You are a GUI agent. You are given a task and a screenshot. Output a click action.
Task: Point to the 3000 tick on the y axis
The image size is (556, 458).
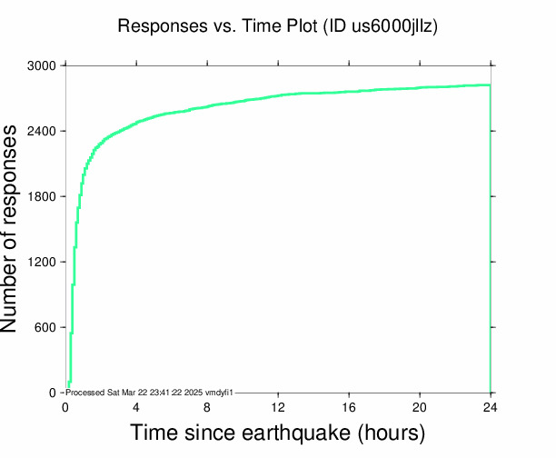coord(42,66)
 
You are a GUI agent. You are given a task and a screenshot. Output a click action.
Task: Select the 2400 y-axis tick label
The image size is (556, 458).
coord(42,132)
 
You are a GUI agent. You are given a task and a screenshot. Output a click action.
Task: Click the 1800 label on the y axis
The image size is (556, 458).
coord(42,197)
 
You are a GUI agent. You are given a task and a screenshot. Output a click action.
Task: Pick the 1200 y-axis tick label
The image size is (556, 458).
coord(42,263)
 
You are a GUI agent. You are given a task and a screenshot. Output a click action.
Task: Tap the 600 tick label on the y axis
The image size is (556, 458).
coord(45,328)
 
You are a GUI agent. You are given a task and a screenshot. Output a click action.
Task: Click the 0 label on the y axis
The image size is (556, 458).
coord(53,393)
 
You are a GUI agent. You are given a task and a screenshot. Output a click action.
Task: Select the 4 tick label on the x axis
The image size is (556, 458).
coord(136,406)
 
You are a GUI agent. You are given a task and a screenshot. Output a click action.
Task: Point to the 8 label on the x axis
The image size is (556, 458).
coord(207,406)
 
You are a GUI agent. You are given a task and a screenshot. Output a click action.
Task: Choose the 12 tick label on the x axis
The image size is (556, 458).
coord(278,406)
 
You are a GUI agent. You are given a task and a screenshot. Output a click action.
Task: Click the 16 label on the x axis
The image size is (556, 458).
coord(349,406)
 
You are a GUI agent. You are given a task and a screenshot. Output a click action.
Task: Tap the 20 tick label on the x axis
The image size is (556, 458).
coord(420,406)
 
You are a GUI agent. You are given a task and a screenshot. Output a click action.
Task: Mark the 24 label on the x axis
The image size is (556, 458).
coord(491,406)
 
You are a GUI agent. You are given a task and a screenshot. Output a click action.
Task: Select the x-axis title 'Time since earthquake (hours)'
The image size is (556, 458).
coord(278,433)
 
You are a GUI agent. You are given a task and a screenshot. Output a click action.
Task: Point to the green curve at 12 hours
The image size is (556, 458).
coord(278,95)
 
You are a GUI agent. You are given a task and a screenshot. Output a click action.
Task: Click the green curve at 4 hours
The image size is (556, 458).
coord(136,122)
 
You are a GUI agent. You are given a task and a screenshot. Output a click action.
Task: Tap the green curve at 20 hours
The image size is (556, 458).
coord(420,88)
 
